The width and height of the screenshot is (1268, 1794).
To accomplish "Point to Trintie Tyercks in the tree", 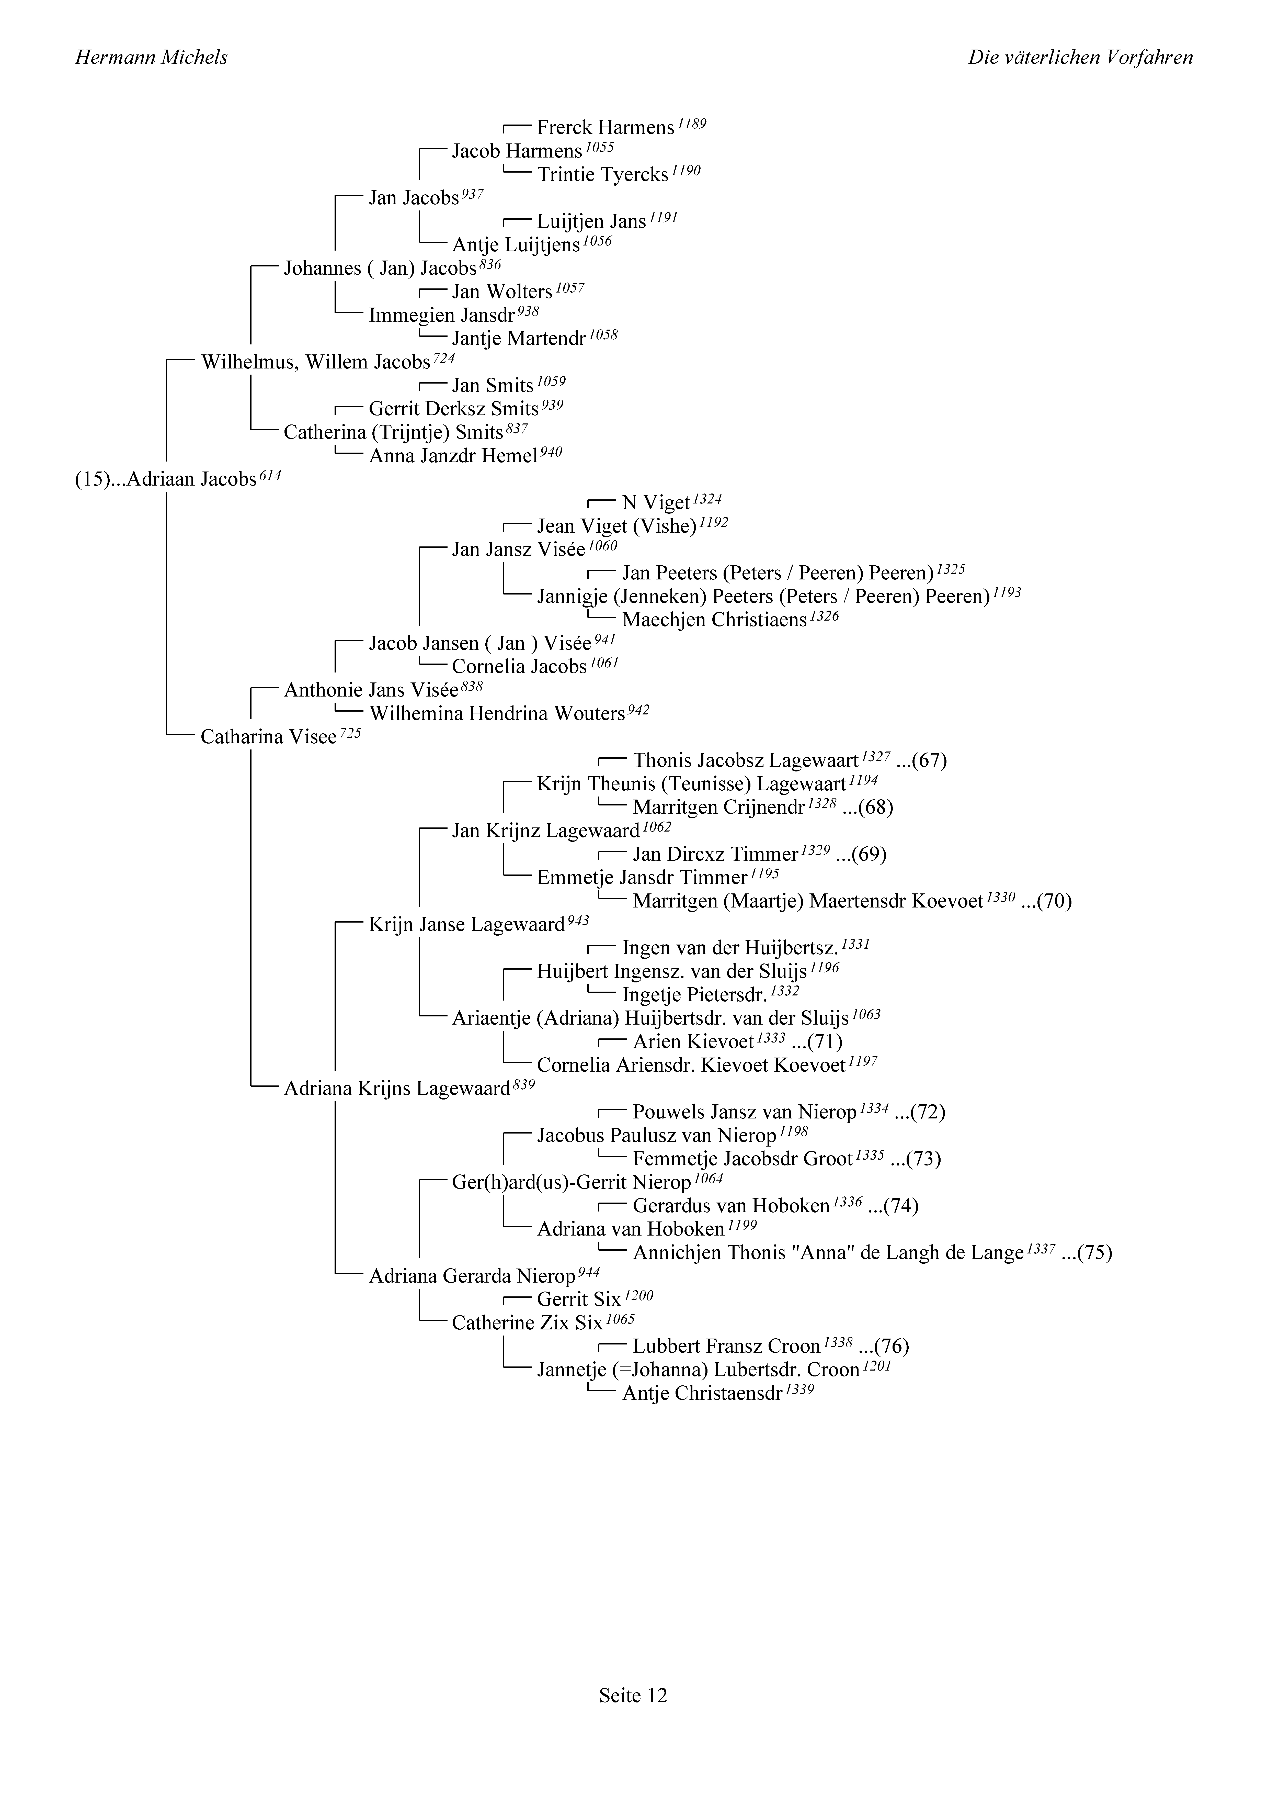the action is (602, 175).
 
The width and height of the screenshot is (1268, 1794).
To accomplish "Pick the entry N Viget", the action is (656, 503).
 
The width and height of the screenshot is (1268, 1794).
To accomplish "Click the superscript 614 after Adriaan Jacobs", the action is (270, 474).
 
